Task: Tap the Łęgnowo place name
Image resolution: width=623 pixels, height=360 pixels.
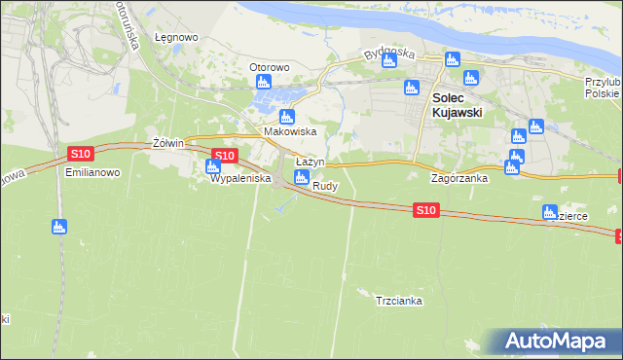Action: click(176, 38)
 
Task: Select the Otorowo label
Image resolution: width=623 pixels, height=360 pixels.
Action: click(270, 67)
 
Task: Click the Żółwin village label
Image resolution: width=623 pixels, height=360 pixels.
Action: click(168, 143)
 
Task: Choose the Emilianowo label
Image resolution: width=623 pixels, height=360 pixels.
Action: click(92, 171)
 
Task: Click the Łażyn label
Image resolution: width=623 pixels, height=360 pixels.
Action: click(310, 162)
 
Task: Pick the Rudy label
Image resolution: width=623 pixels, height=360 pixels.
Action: click(325, 185)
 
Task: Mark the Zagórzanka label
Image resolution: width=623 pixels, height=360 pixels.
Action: click(459, 179)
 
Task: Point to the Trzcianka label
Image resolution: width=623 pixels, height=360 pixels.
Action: click(398, 301)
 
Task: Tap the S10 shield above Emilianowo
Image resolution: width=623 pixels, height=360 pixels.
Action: click(81, 154)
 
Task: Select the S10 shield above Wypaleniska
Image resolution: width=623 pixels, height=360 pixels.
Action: click(224, 156)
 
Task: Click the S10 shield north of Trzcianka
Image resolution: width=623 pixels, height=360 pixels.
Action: click(425, 209)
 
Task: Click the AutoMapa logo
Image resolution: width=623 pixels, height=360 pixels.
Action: click(558, 342)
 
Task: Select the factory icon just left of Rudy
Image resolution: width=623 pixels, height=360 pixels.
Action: click(302, 177)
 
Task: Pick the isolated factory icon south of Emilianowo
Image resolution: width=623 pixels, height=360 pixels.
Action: click(58, 227)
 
